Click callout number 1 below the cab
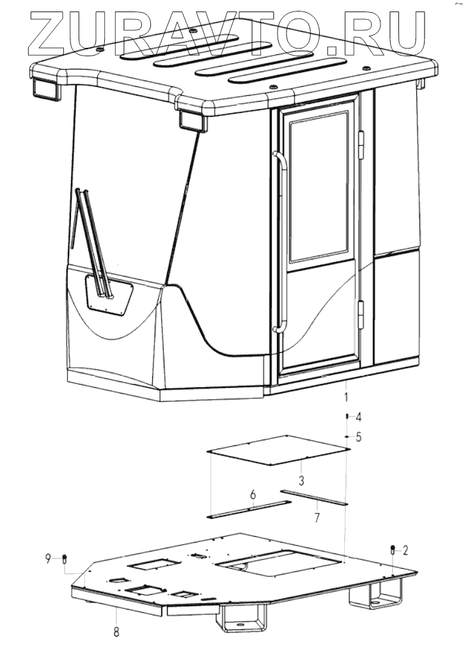pos(345,397)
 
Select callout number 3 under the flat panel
pos(302,479)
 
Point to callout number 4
pos(359,418)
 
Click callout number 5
pos(359,438)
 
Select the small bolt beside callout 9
pos(65,559)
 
